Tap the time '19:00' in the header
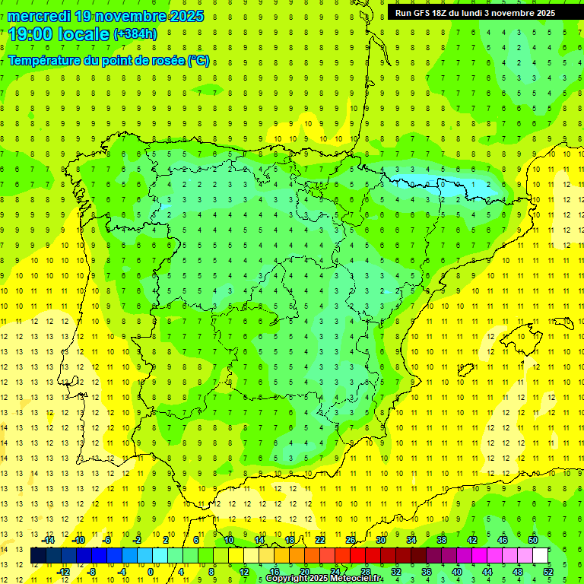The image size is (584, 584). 31,34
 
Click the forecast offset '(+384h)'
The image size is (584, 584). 135,34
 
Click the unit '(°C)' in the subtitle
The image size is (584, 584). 198,61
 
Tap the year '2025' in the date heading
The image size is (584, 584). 182,16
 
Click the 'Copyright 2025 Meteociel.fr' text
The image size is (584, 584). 324,579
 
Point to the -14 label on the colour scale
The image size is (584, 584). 47,540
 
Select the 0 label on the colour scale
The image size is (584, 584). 151,571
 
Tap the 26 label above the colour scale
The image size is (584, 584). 351,540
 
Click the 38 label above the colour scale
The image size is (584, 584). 442,540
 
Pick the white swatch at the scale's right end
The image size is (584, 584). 541,556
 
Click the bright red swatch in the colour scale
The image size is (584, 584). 358,556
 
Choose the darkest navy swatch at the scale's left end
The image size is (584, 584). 38,556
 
